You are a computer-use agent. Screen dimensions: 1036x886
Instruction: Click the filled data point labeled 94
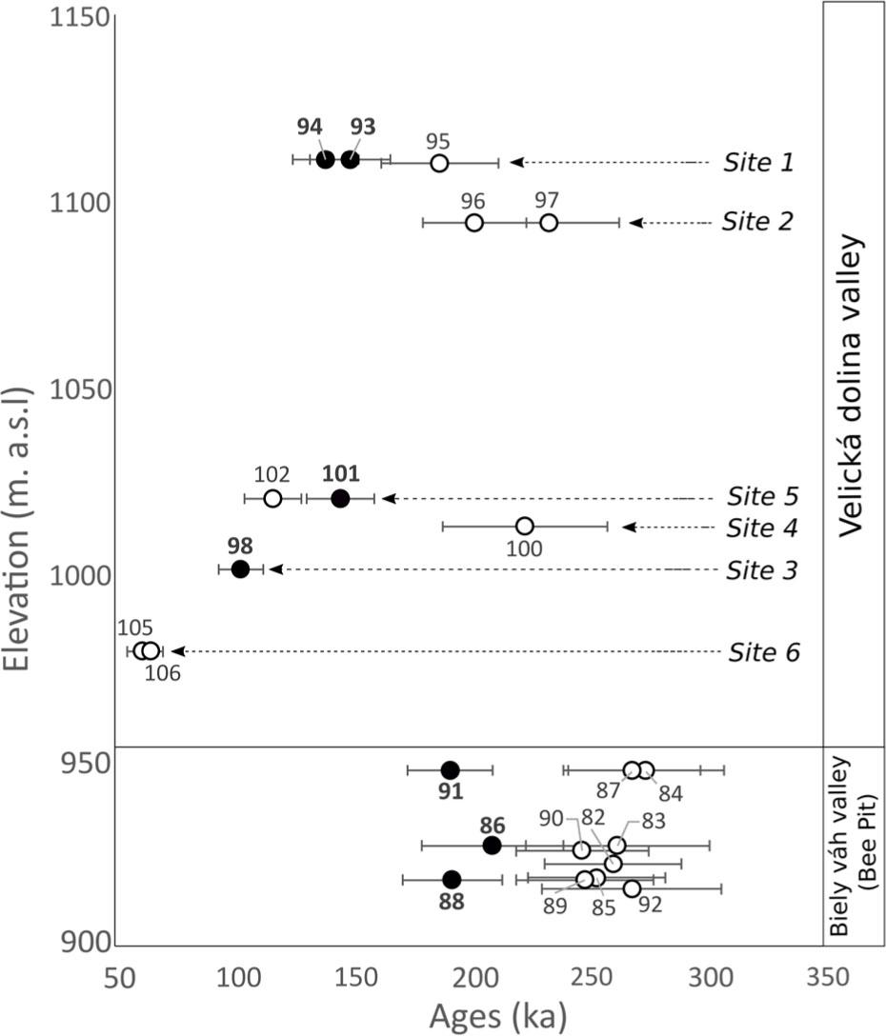click(x=326, y=160)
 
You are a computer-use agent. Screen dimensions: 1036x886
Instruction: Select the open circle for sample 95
click(x=439, y=163)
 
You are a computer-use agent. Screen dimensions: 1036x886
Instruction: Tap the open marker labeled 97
click(x=549, y=223)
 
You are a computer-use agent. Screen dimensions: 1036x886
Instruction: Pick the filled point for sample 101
click(x=340, y=498)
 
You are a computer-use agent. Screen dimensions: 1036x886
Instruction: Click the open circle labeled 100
click(x=524, y=526)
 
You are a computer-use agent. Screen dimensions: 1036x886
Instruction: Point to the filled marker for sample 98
click(x=240, y=568)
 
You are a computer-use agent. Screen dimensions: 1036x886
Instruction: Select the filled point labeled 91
click(x=450, y=769)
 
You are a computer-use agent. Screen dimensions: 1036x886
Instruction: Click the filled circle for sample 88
click(x=452, y=879)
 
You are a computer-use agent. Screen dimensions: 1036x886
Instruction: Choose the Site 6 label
click(x=765, y=652)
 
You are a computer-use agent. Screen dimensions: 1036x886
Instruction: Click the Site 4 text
click(x=762, y=527)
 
